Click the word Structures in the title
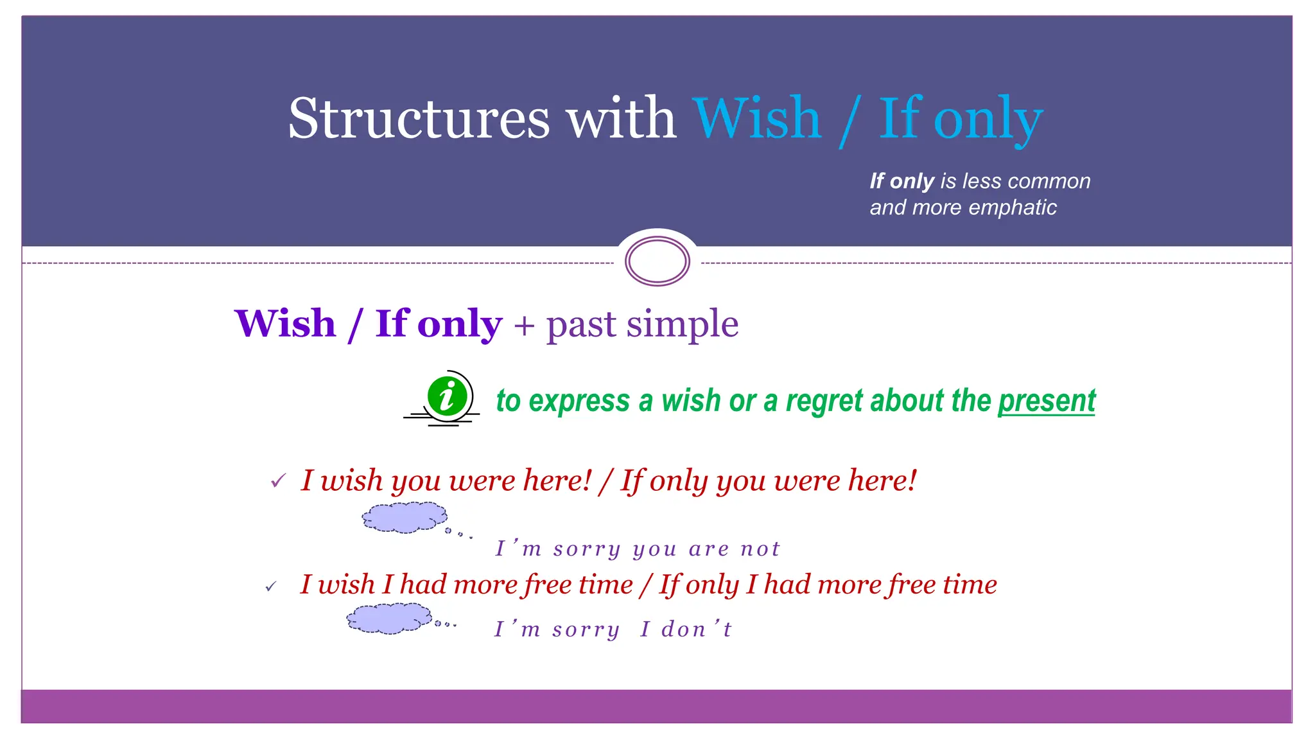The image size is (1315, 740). point(419,118)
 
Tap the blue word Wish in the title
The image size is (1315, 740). point(757,118)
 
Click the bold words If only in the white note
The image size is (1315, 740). point(901,181)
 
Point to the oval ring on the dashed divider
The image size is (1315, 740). point(657,261)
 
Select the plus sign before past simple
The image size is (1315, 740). point(524,325)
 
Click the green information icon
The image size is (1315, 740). point(447,396)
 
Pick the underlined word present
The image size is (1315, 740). point(1046,401)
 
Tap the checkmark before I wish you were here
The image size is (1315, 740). point(277,480)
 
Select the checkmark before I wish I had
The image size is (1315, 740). point(271,586)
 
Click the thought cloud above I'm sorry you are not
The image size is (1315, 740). point(405,517)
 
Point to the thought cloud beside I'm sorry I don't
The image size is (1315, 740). point(388,619)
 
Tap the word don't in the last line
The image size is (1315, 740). point(696,630)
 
